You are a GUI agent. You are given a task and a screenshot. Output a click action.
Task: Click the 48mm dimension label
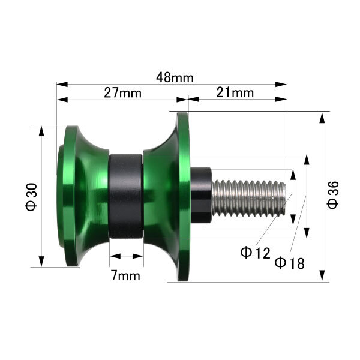click(x=175, y=77)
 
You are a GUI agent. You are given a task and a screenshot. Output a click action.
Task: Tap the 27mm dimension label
click(x=122, y=93)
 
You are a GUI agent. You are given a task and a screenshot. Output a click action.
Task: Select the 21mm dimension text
click(x=235, y=93)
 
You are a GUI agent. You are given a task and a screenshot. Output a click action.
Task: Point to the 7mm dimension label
click(x=125, y=275)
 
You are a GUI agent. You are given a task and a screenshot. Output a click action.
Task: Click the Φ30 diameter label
click(x=31, y=197)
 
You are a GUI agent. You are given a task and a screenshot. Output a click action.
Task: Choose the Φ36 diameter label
click(x=333, y=195)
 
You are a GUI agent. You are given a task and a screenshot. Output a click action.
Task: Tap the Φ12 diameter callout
click(x=255, y=253)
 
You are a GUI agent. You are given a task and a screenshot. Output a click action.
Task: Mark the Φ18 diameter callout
click(x=290, y=263)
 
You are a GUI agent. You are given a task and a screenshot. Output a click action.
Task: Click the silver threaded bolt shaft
click(x=248, y=199)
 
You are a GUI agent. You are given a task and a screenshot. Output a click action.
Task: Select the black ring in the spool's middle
click(x=126, y=196)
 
